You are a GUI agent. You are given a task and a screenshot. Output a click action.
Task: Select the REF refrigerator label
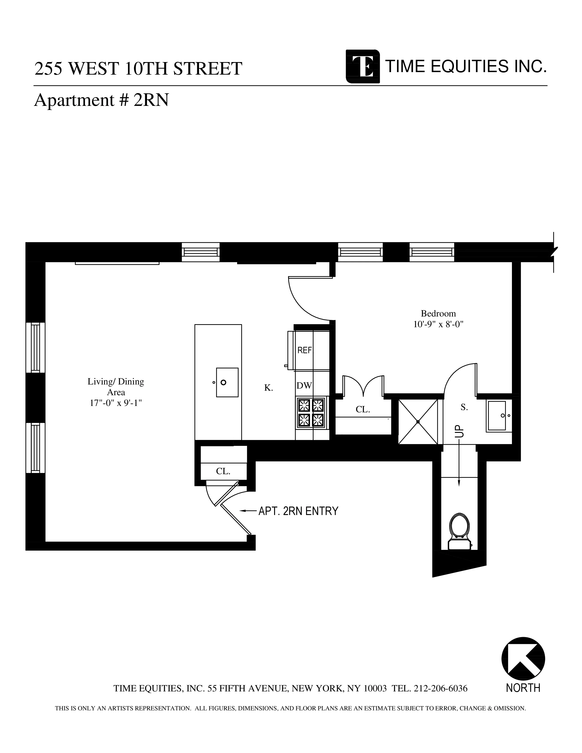pyautogui.click(x=304, y=350)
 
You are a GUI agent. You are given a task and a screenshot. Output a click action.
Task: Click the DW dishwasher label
pyautogui.click(x=304, y=386)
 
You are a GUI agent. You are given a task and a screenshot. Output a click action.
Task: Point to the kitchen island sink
pyautogui.click(x=227, y=382)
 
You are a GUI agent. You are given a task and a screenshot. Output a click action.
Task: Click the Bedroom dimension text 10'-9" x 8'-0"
pyautogui.click(x=438, y=324)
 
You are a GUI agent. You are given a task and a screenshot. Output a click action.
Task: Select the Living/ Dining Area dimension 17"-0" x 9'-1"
pyautogui.click(x=116, y=403)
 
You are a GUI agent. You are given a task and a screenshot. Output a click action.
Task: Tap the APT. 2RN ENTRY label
pyautogui.click(x=298, y=511)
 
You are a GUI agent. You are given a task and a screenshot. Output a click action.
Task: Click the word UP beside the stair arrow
pyautogui.click(x=460, y=431)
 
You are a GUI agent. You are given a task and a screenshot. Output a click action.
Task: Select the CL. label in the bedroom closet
pyautogui.click(x=363, y=410)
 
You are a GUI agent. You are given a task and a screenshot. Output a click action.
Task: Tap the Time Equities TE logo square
pyautogui.click(x=363, y=67)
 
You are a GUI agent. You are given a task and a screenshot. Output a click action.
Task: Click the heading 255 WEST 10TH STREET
pyautogui.click(x=138, y=69)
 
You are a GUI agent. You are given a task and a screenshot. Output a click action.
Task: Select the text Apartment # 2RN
pyautogui.click(x=101, y=100)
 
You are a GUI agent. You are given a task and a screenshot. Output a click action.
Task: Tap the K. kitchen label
pyautogui.click(x=269, y=388)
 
